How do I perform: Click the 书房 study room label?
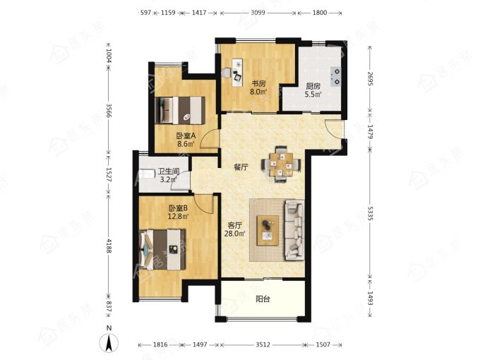[258, 83]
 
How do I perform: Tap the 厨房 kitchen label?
[313, 86]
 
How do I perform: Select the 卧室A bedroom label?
[186, 136]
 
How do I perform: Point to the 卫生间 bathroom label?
[169, 172]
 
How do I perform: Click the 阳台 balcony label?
[263, 299]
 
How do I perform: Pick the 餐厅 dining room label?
[241, 167]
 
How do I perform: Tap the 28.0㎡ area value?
[235, 234]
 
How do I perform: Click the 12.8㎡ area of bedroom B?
[178, 217]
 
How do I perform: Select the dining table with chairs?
[281, 164]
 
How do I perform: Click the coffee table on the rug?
[268, 231]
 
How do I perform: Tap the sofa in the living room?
[294, 230]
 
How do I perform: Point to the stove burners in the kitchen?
[336, 76]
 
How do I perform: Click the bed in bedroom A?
[180, 110]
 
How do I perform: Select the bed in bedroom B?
[162, 249]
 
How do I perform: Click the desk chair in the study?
[226, 73]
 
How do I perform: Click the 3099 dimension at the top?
[258, 13]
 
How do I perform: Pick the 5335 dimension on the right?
[369, 213]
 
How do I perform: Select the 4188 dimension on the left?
[109, 245]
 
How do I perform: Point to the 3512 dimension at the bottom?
[263, 344]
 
